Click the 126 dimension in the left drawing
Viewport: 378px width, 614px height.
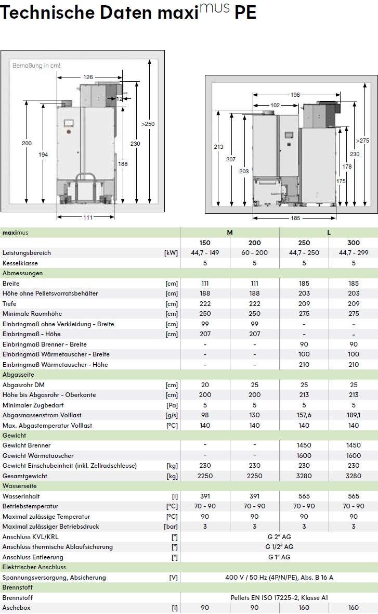pyautogui.click(x=88, y=77)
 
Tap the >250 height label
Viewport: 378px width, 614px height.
pyautogui.click(x=148, y=124)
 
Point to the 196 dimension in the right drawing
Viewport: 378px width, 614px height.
pyautogui.click(x=295, y=95)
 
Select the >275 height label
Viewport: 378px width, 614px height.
pyautogui.click(x=362, y=140)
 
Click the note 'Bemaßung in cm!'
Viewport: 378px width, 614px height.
pyautogui.click(x=36, y=66)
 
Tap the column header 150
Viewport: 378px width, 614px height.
pyautogui.click(x=205, y=242)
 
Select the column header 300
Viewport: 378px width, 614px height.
pyautogui.click(x=354, y=242)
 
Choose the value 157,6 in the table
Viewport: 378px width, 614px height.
pyautogui.click(x=304, y=415)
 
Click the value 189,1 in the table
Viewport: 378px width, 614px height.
pyautogui.click(x=354, y=415)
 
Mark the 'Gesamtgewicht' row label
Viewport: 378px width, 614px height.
pyautogui.click(x=24, y=476)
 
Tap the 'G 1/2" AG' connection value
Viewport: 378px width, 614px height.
pyautogui.click(x=279, y=547)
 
